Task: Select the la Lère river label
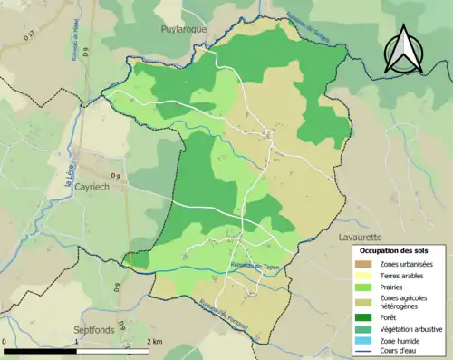point(67,174)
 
